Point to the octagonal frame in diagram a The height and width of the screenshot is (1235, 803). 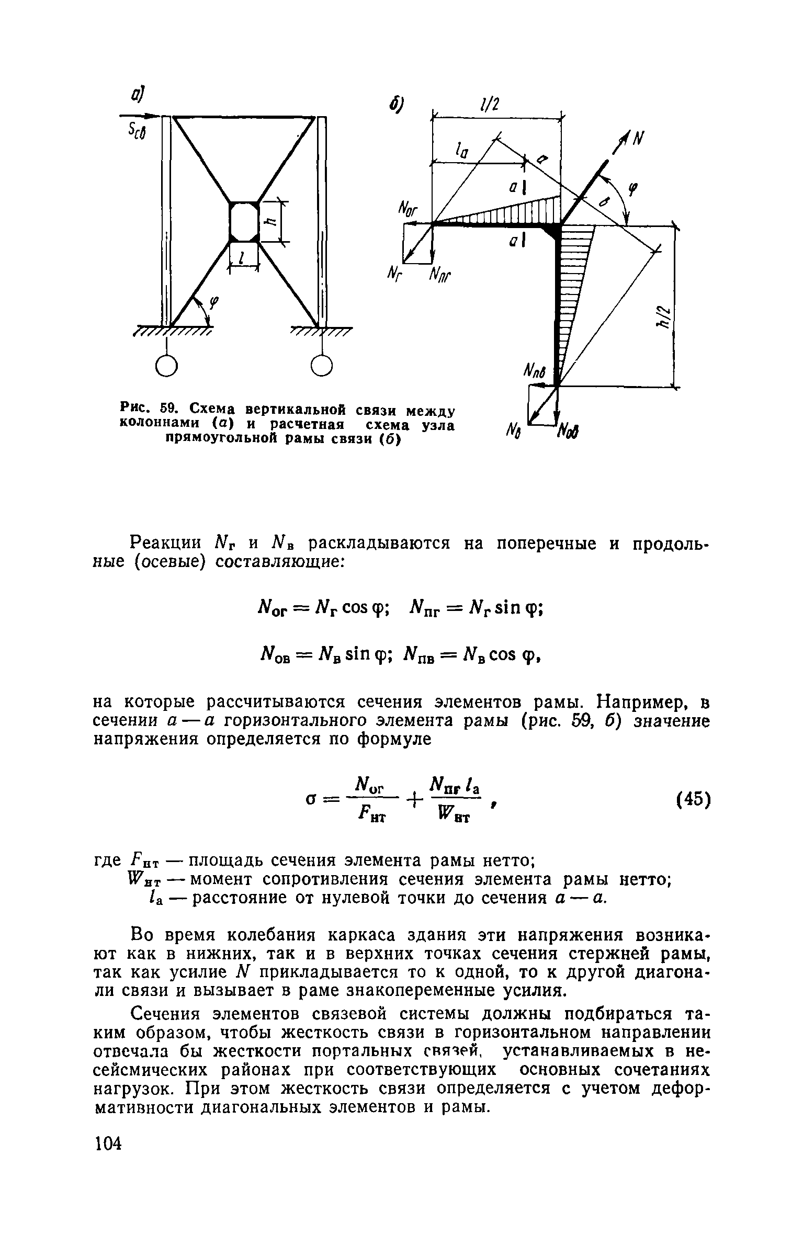244,222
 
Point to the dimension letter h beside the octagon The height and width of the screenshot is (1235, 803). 270,221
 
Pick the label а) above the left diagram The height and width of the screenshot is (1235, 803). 138,95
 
